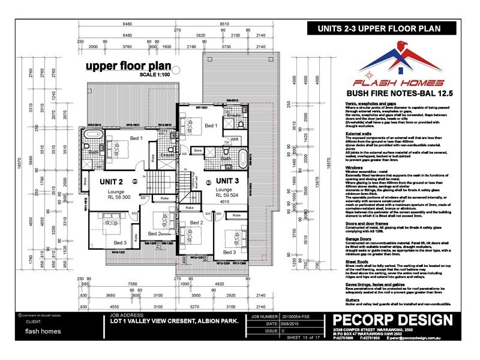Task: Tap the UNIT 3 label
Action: pos(232,180)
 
